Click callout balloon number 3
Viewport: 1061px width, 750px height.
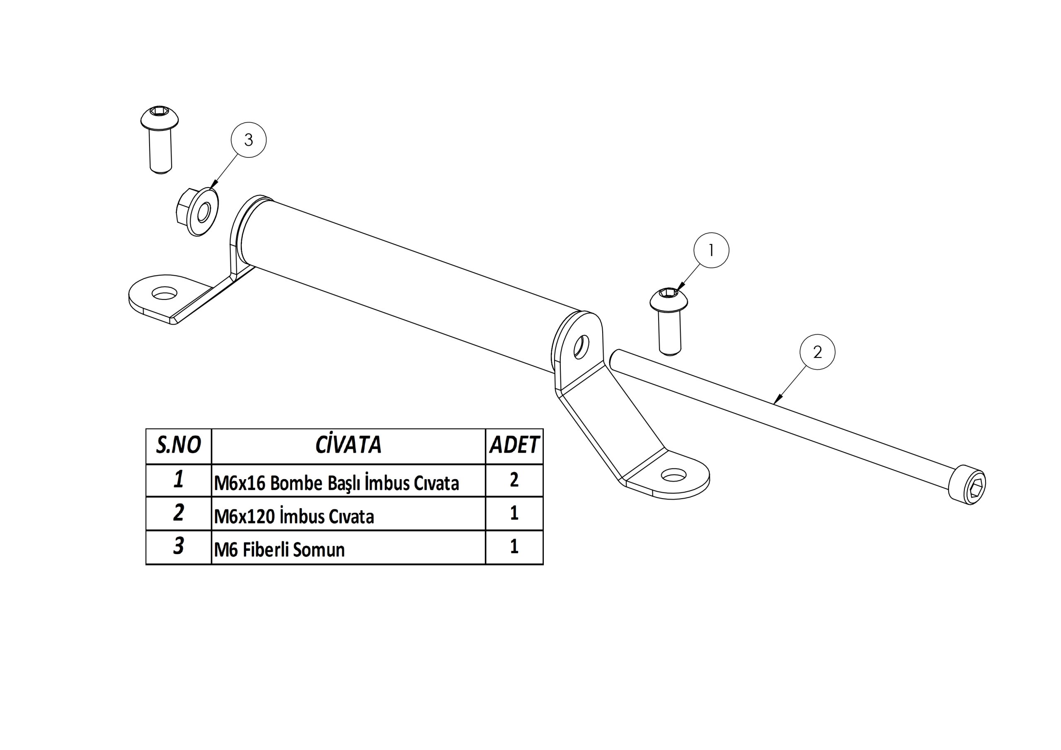pyautogui.click(x=249, y=140)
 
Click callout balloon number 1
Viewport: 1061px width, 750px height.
pyautogui.click(x=711, y=250)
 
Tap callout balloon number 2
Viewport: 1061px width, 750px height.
pyautogui.click(x=817, y=352)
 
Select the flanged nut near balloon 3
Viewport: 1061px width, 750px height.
pyautogui.click(x=197, y=212)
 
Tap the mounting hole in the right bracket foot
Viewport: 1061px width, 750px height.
pyautogui.click(x=674, y=475)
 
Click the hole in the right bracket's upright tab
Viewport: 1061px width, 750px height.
pyautogui.click(x=581, y=347)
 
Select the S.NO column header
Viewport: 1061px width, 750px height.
pyautogui.click(x=178, y=445)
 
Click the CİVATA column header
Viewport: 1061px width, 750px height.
pyautogui.click(x=349, y=444)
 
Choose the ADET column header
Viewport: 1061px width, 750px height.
pyautogui.click(x=514, y=445)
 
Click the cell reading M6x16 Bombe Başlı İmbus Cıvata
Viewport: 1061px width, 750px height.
pyautogui.click(x=337, y=483)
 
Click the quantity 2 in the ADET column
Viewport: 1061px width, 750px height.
pyautogui.click(x=514, y=480)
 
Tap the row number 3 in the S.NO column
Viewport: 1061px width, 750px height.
pyautogui.click(x=178, y=546)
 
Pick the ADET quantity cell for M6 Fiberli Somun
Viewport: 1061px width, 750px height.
pyautogui.click(x=514, y=547)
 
